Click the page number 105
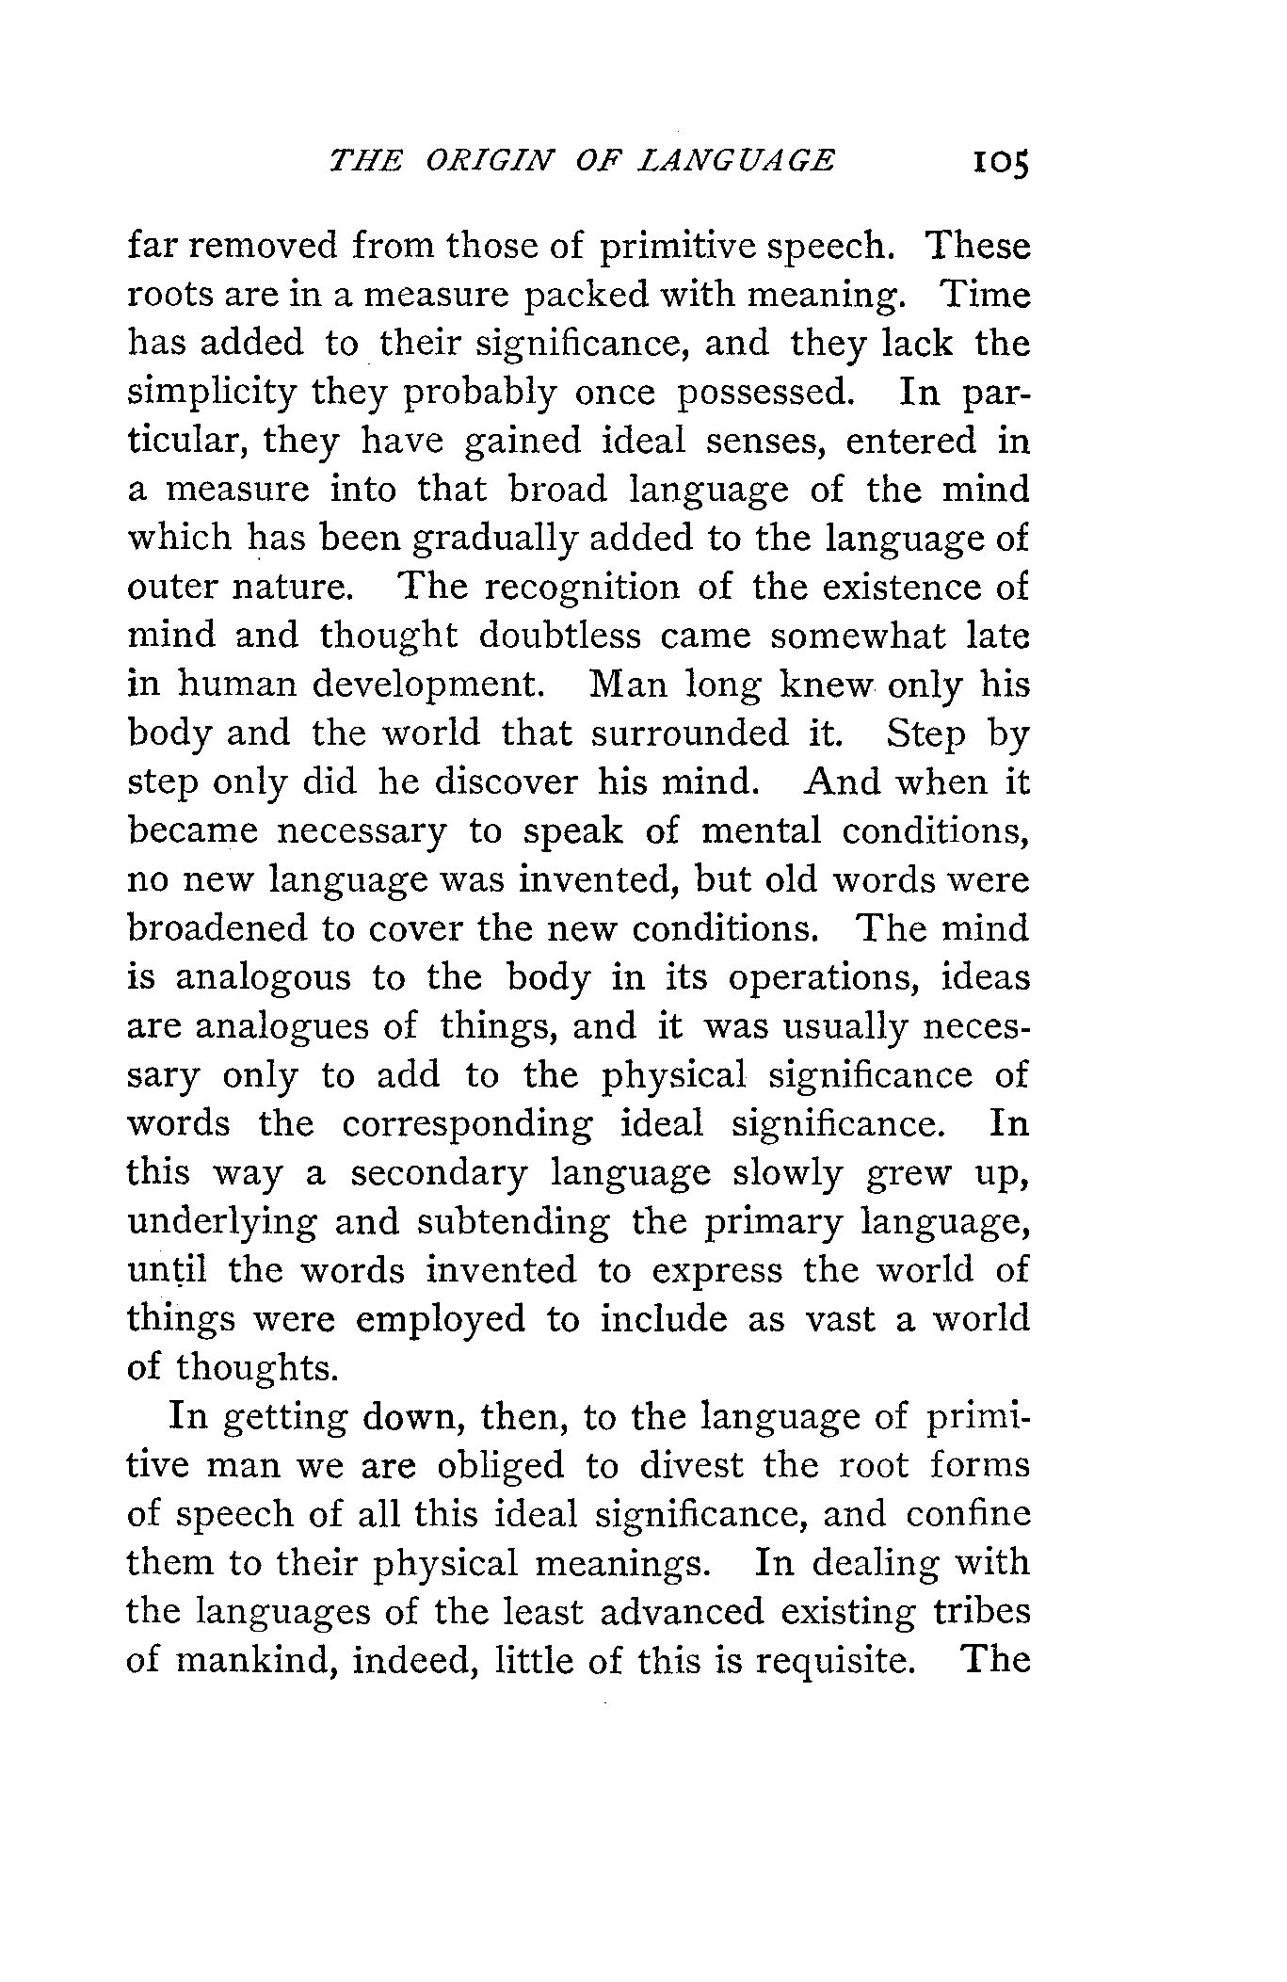(x=1001, y=161)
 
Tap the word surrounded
(x=690, y=733)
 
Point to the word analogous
(x=263, y=977)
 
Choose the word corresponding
(x=467, y=1124)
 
